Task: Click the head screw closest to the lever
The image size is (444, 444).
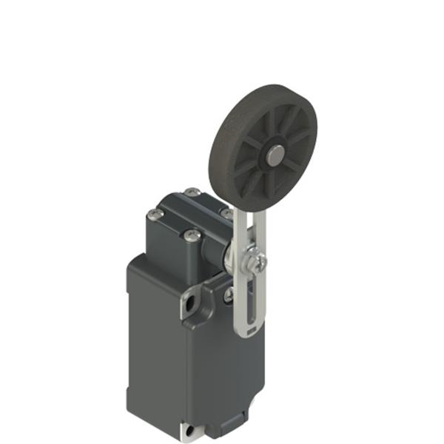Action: (226, 212)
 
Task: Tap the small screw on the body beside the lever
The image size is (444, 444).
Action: (229, 294)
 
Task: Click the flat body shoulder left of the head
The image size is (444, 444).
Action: (148, 263)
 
